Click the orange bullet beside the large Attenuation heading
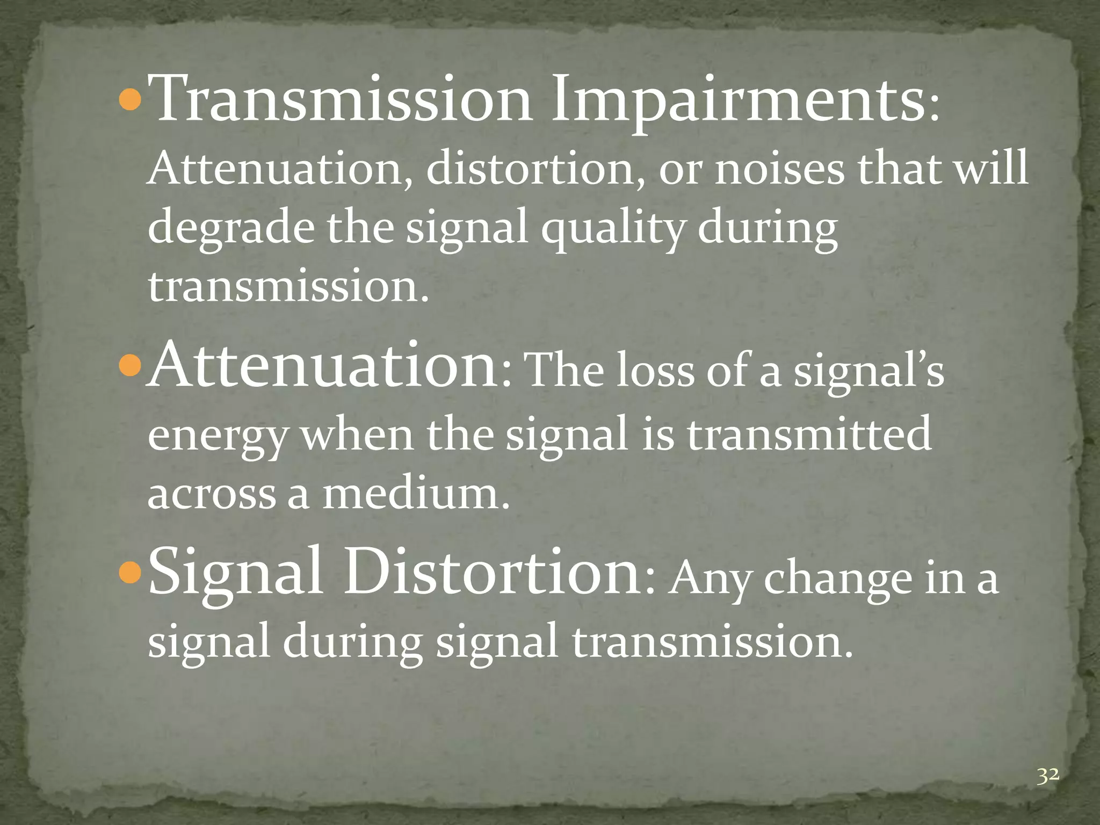(129, 368)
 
